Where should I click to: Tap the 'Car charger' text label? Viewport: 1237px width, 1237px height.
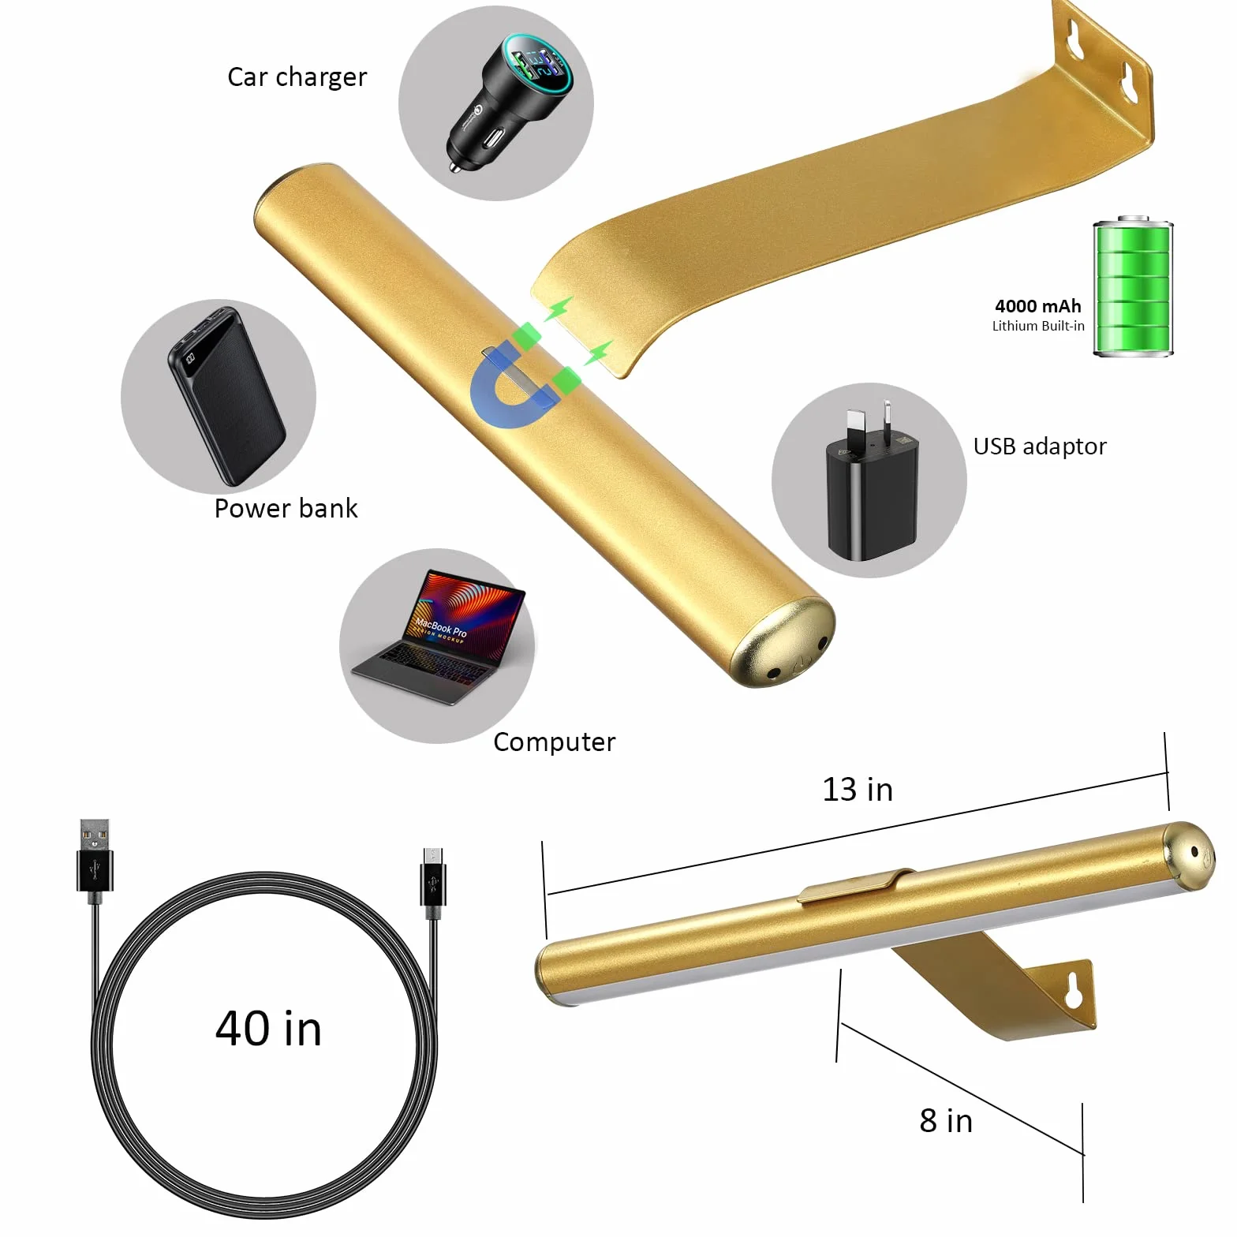(297, 77)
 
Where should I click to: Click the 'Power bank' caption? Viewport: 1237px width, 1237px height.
(286, 508)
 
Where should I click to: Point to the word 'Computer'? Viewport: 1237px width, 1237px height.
(554, 742)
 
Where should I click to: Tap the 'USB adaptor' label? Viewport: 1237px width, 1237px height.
(1040, 447)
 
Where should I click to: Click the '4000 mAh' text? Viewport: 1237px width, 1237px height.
(1038, 306)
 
